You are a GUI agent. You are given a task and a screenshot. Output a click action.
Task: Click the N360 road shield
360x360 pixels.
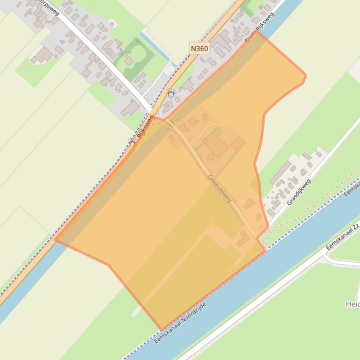199,48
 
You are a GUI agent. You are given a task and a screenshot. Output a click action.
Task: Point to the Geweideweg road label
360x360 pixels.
220,187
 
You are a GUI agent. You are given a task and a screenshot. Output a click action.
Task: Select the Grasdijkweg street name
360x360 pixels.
299,192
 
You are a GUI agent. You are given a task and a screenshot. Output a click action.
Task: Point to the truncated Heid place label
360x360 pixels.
352,304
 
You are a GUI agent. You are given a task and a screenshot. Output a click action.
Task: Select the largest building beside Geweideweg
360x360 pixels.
217,146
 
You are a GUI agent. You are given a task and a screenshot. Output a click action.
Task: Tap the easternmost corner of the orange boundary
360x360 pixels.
306,75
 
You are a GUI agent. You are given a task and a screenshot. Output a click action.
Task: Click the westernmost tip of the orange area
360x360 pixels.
55,239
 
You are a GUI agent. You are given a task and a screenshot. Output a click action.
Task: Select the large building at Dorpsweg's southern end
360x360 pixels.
132,108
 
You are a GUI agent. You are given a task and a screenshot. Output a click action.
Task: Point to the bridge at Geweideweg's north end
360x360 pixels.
172,124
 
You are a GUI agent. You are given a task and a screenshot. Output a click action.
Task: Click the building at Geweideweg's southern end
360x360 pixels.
243,239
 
